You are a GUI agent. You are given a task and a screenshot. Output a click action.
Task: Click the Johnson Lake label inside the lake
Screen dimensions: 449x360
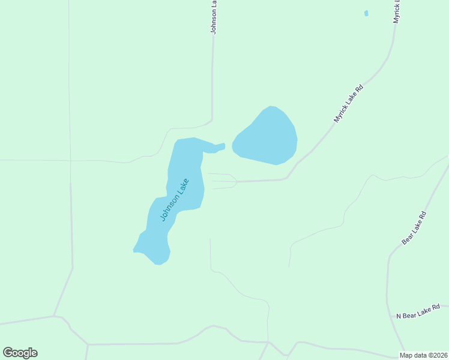click(175, 200)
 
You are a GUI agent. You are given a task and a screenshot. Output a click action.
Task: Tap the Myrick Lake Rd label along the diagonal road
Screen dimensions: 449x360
click(349, 104)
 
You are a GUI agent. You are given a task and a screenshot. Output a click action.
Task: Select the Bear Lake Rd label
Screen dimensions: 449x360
click(414, 227)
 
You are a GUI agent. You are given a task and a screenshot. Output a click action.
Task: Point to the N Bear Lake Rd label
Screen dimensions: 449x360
click(418, 311)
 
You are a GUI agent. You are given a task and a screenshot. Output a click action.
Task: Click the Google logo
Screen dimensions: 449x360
click(20, 353)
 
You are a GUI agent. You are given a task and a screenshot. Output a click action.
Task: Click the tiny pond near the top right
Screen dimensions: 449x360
click(366, 13)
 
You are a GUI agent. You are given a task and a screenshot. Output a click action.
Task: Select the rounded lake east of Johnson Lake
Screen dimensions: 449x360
click(267, 137)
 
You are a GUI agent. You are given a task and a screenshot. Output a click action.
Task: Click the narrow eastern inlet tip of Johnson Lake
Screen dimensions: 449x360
click(223, 145)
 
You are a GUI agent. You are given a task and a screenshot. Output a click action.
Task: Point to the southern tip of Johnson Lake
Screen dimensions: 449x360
click(159, 263)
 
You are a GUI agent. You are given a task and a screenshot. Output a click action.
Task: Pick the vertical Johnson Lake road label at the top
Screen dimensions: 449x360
click(213, 17)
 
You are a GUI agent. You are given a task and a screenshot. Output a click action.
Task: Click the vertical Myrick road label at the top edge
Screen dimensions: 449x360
click(396, 12)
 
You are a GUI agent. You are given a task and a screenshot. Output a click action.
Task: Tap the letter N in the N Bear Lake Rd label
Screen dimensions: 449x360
click(398, 316)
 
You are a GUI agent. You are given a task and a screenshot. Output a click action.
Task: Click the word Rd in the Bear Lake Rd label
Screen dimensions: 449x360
click(423, 215)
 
